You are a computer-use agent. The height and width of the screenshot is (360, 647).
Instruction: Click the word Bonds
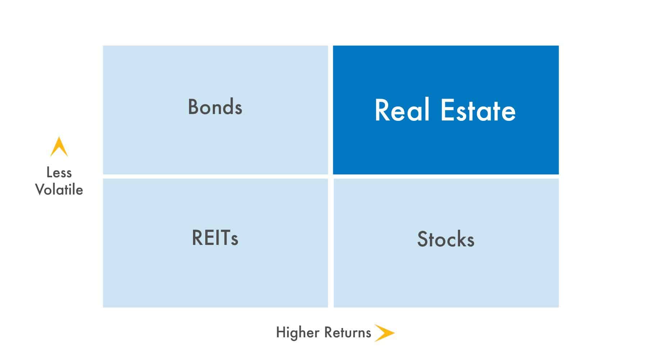[x=215, y=106]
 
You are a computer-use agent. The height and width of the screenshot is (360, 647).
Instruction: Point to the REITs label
[x=215, y=237]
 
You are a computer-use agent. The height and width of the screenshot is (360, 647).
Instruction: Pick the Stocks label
[x=446, y=239]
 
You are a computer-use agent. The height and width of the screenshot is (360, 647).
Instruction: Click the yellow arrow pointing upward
[x=59, y=146]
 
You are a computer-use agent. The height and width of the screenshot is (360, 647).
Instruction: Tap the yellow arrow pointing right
[x=384, y=333]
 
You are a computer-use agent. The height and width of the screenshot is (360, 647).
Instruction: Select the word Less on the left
[x=59, y=172]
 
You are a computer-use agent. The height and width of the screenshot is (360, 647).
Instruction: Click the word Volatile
[x=59, y=190]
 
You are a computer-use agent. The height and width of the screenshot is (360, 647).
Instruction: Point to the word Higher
[x=297, y=333]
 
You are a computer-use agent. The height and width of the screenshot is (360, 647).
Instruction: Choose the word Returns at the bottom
[x=347, y=333]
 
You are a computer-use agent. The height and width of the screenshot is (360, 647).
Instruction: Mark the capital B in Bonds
[x=194, y=106]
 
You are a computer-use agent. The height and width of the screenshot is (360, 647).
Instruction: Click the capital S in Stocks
[x=422, y=239]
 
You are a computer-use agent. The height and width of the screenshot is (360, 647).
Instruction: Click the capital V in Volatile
[x=41, y=190]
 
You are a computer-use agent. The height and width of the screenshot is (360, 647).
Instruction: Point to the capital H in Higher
[x=281, y=333]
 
